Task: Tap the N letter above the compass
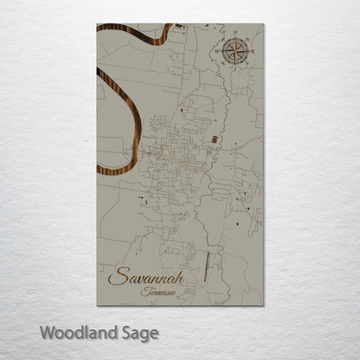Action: click(x=236, y=35)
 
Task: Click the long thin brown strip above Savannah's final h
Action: click(x=206, y=259)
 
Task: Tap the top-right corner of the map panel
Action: click(x=263, y=24)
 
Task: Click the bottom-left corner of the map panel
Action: click(x=98, y=305)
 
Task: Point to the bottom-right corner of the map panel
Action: click(x=263, y=305)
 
